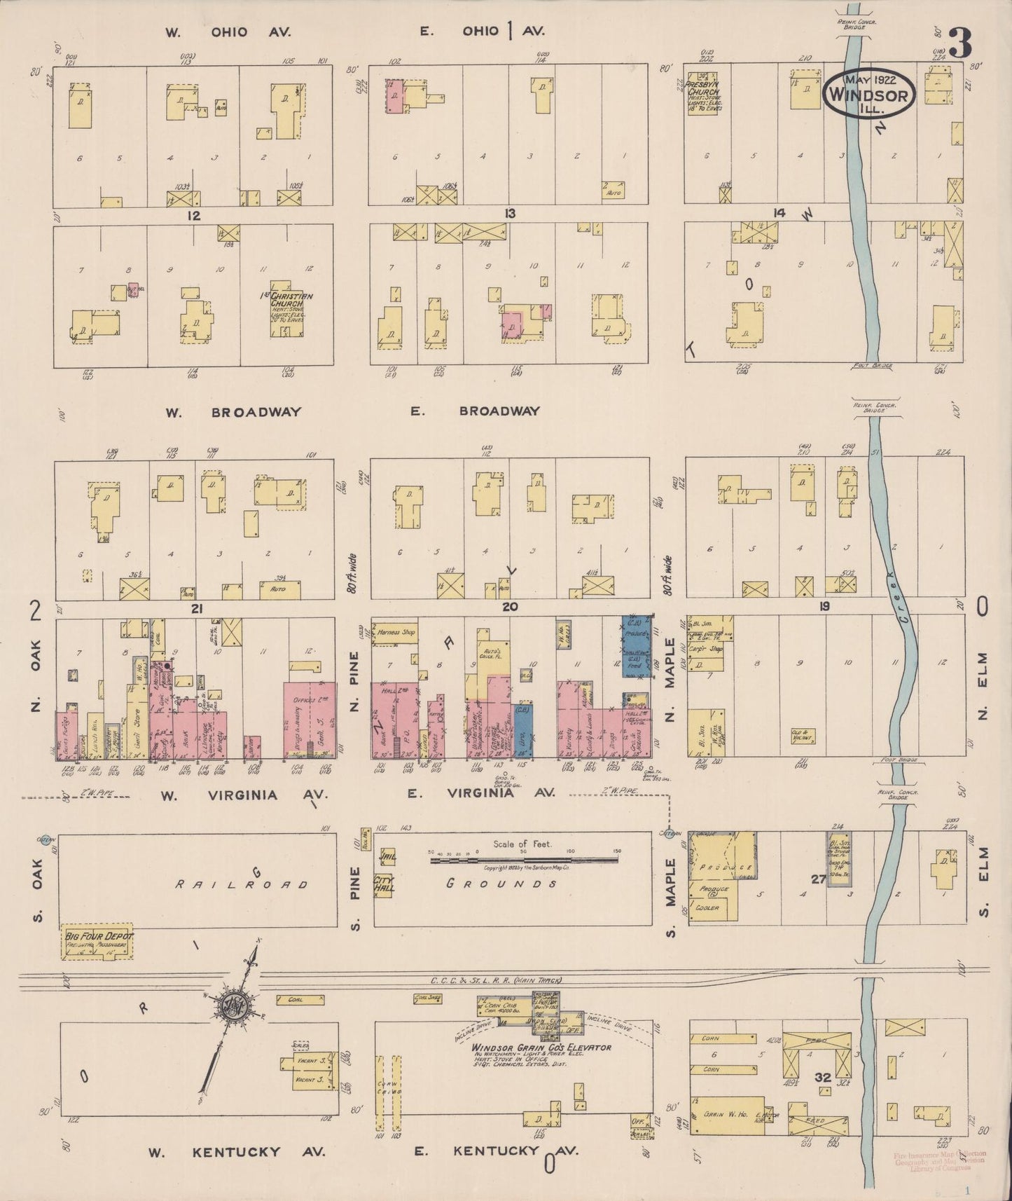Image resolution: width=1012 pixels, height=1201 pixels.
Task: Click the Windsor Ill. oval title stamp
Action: [868, 91]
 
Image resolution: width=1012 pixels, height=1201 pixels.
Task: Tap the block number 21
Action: [197, 609]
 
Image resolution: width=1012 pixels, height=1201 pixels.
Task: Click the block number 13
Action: [509, 213]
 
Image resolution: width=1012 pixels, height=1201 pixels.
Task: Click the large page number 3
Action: [961, 43]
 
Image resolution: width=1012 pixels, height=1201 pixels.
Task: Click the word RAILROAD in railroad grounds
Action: [242, 884]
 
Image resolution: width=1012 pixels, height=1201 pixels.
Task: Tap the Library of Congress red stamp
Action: [940, 1162]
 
